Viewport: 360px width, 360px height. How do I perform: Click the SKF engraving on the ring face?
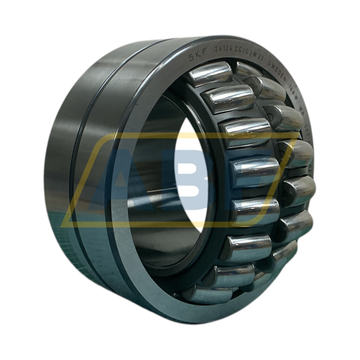[x=195, y=56]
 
